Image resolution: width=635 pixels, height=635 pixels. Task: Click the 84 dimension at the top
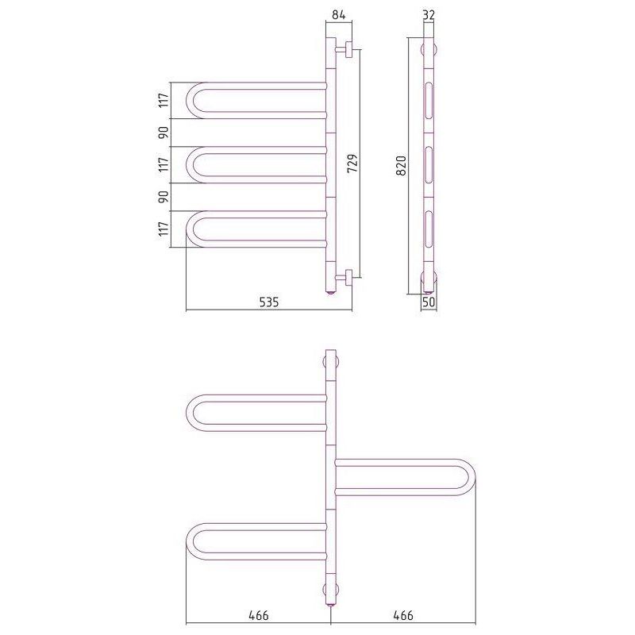(339, 15)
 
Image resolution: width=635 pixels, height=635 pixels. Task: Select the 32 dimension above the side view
(429, 15)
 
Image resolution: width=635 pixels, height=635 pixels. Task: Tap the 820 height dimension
(401, 166)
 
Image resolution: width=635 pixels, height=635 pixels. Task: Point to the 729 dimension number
(352, 164)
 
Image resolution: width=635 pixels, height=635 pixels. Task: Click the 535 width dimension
(269, 302)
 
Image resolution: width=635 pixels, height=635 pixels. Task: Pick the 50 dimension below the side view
(429, 302)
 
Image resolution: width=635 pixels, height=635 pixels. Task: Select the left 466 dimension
(259, 616)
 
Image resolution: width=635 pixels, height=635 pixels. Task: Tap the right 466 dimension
(403, 616)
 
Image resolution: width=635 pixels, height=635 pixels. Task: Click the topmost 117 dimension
(164, 101)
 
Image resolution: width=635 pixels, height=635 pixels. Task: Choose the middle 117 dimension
(164, 164)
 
